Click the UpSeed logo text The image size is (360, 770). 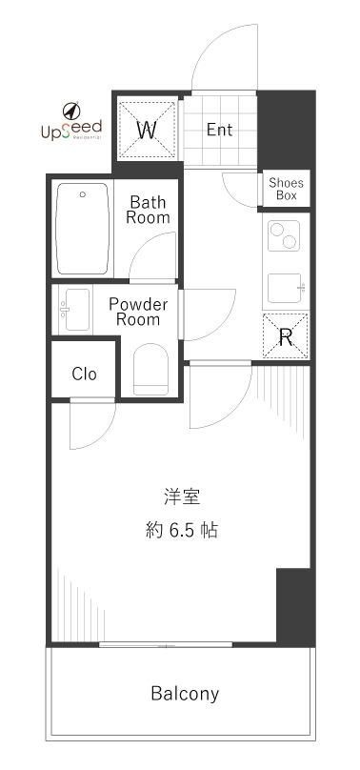pyautogui.click(x=70, y=134)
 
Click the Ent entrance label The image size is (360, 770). pyautogui.click(x=220, y=131)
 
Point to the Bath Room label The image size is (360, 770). pyautogui.click(x=150, y=210)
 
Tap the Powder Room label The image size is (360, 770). pyautogui.click(x=137, y=312)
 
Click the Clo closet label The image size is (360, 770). pyautogui.click(x=85, y=374)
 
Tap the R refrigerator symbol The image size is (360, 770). pyautogui.click(x=286, y=334)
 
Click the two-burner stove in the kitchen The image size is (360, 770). pyautogui.click(x=286, y=234)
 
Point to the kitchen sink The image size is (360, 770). pyautogui.click(x=287, y=286)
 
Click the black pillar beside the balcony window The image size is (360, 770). pyautogui.click(x=294, y=605)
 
